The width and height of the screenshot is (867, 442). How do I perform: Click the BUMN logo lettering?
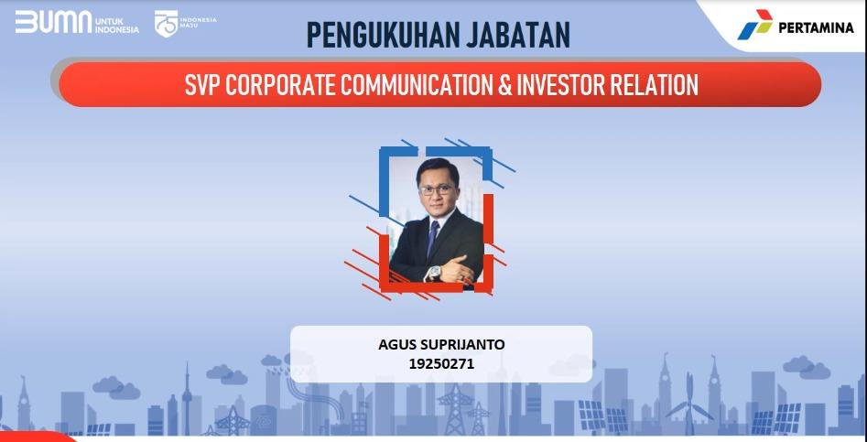pos(53,23)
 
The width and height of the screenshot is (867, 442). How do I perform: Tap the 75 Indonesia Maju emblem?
pos(168,23)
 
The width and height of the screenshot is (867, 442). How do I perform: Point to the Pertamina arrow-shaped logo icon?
pos(754,26)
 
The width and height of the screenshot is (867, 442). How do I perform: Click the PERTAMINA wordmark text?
pos(816,27)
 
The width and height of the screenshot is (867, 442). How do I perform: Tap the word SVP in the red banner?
pos(201,85)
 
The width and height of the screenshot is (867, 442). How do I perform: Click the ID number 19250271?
pos(441,363)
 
